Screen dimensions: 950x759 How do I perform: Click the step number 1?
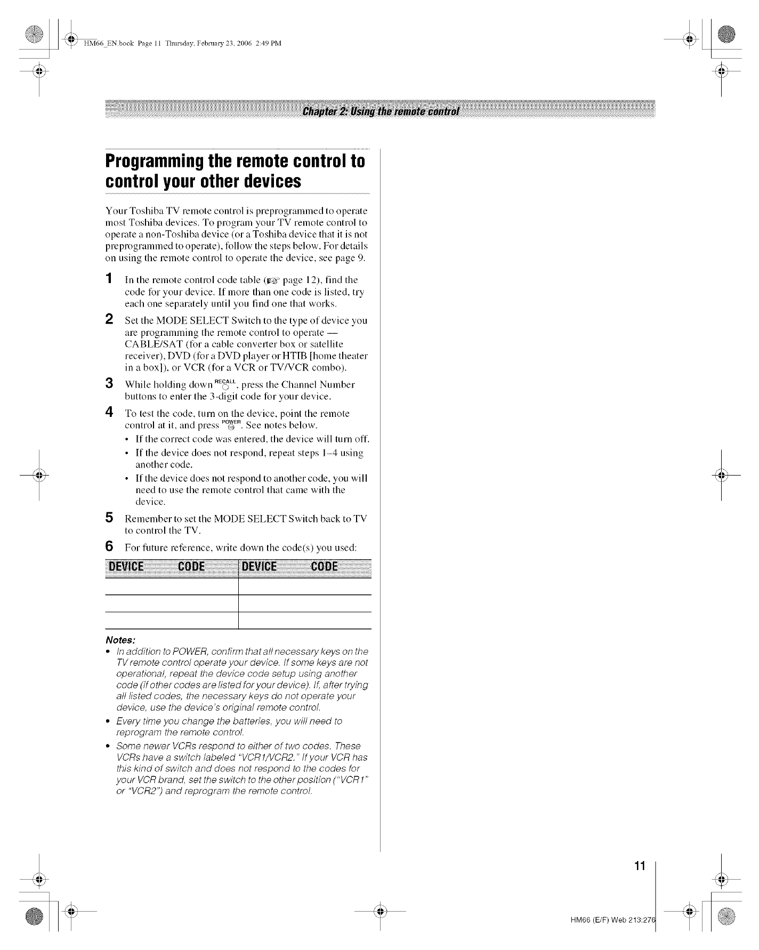109,279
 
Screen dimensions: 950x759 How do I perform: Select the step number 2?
109,320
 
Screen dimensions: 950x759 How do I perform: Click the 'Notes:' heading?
120,639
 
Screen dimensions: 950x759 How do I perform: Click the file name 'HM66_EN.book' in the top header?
105,44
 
